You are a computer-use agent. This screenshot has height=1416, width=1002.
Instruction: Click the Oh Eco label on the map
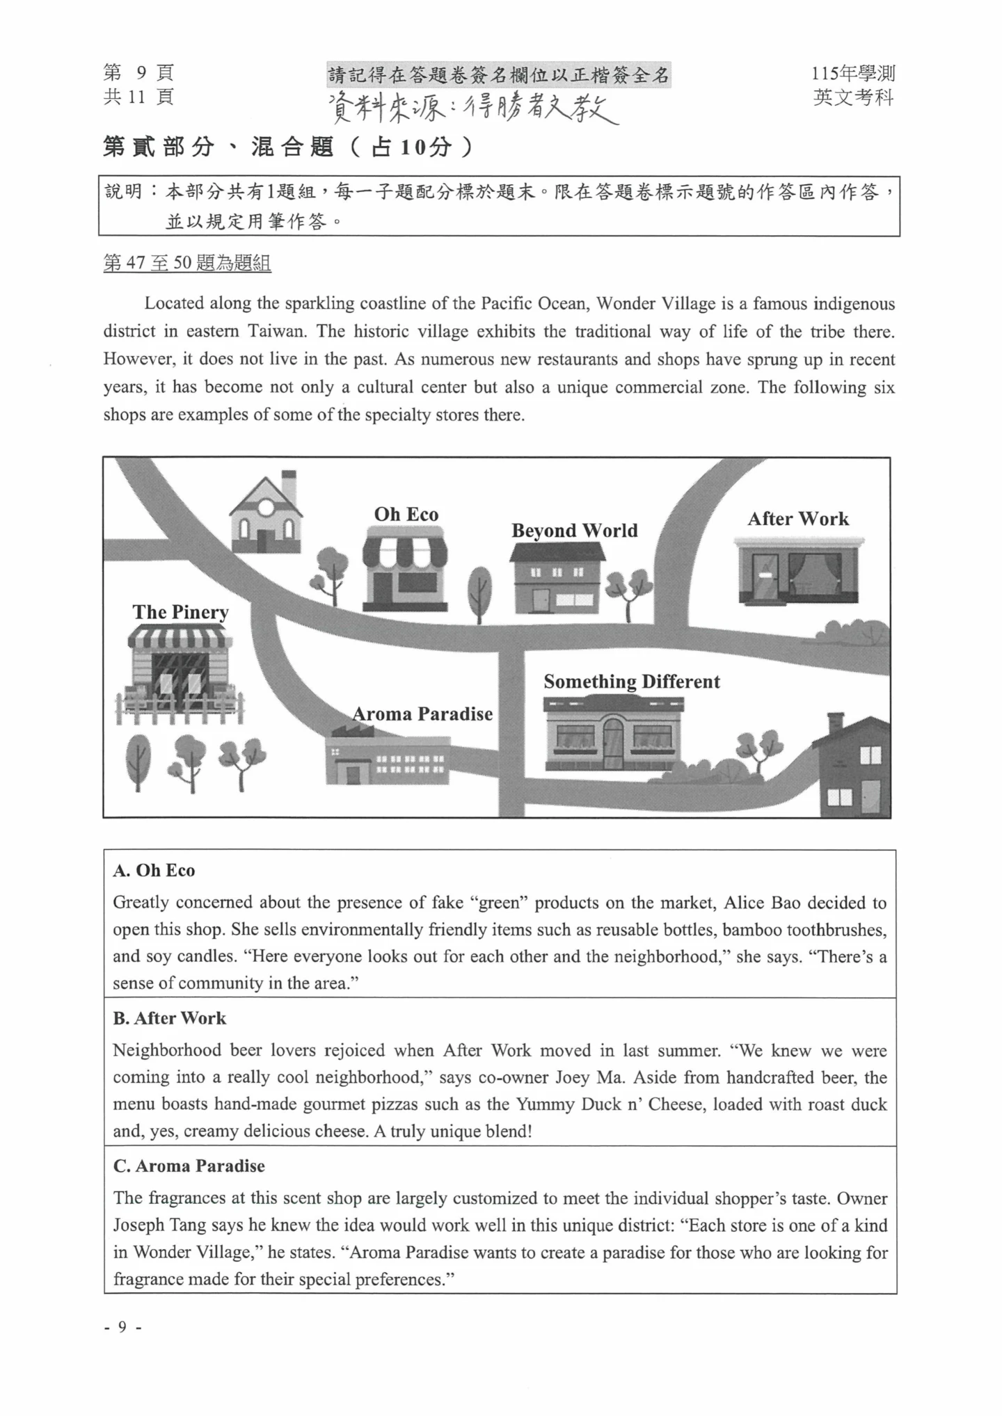[406, 515]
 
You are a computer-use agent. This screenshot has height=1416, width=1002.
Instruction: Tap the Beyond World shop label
[574, 531]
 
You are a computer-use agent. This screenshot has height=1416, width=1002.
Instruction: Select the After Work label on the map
[798, 519]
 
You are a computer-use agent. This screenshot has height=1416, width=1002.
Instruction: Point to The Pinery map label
[181, 612]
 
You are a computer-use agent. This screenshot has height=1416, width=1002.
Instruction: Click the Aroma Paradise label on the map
[422, 714]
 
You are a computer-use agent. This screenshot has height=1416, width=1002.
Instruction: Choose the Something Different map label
[632, 682]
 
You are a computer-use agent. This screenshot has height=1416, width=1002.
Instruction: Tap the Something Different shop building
[612, 734]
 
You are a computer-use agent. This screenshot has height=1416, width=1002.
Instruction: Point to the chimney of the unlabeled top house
[289, 481]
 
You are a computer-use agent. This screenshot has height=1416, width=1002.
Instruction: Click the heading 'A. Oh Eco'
[154, 871]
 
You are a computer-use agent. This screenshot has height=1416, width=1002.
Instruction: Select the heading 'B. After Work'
[170, 1018]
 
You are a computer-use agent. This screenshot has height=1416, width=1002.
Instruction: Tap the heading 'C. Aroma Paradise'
[189, 1166]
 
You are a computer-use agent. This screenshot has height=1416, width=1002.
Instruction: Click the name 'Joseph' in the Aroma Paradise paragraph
[138, 1225]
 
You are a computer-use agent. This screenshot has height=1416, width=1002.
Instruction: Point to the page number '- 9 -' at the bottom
[122, 1327]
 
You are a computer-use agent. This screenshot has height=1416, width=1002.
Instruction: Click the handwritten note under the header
[473, 108]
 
